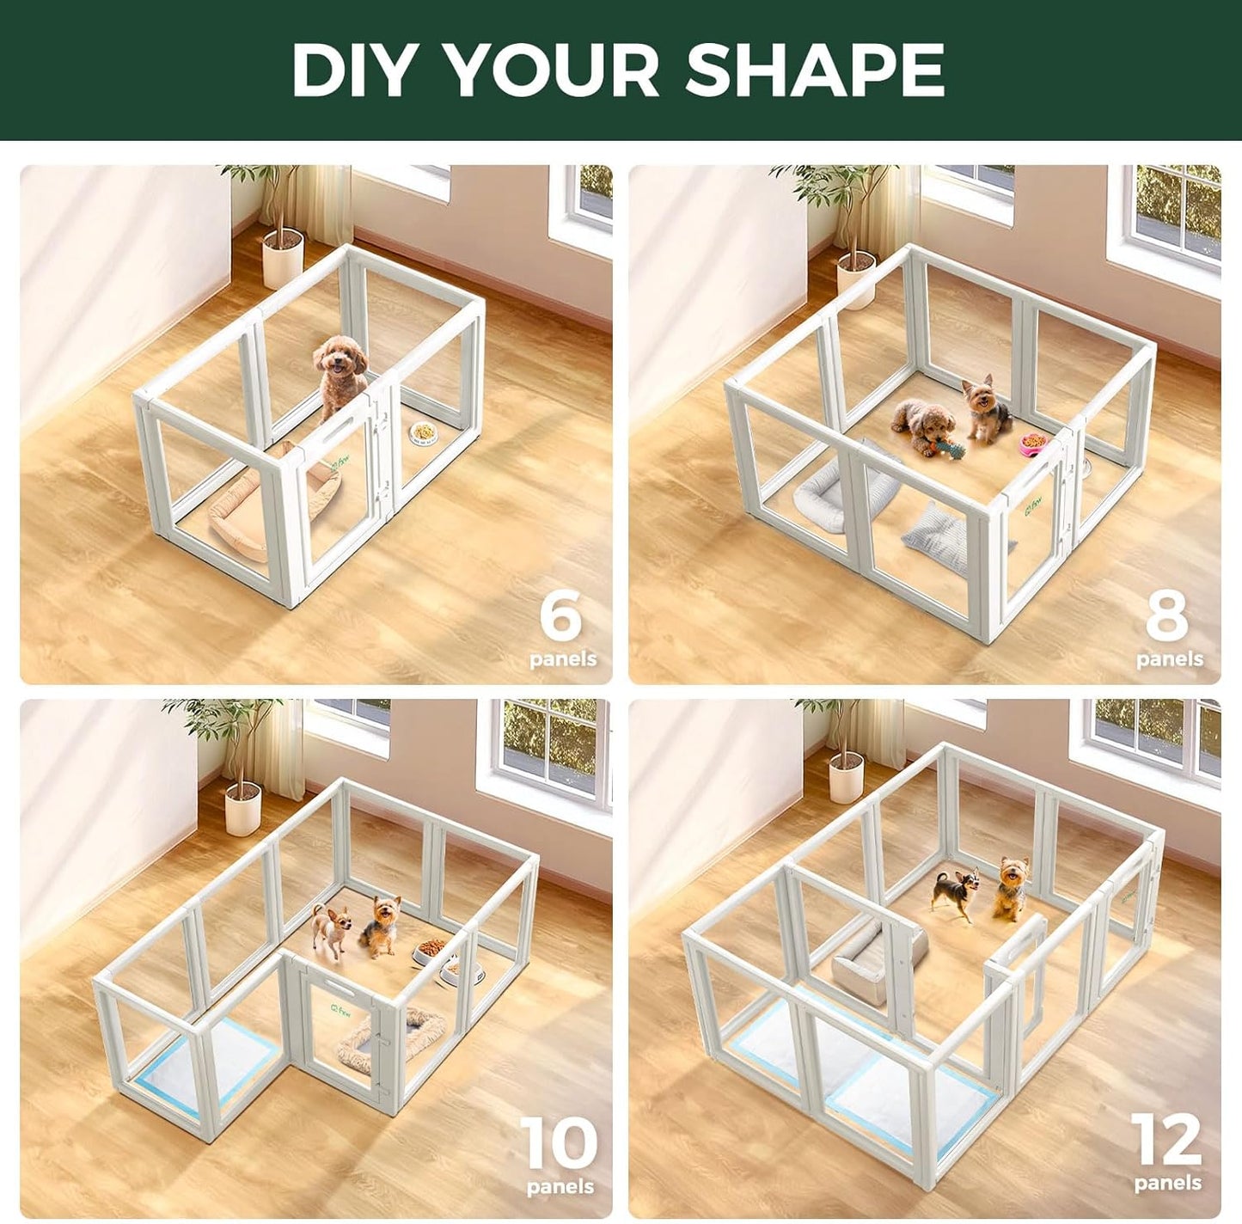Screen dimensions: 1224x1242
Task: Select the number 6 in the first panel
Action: pos(561,615)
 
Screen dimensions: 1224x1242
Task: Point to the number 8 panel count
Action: pos(1167,615)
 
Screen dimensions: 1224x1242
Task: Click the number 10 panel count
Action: pos(559,1143)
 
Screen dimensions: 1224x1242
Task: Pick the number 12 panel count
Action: pos(1166,1140)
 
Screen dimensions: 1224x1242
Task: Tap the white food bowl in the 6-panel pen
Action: pos(423,432)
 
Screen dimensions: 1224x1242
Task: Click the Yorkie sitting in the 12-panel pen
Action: pos(1011,888)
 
